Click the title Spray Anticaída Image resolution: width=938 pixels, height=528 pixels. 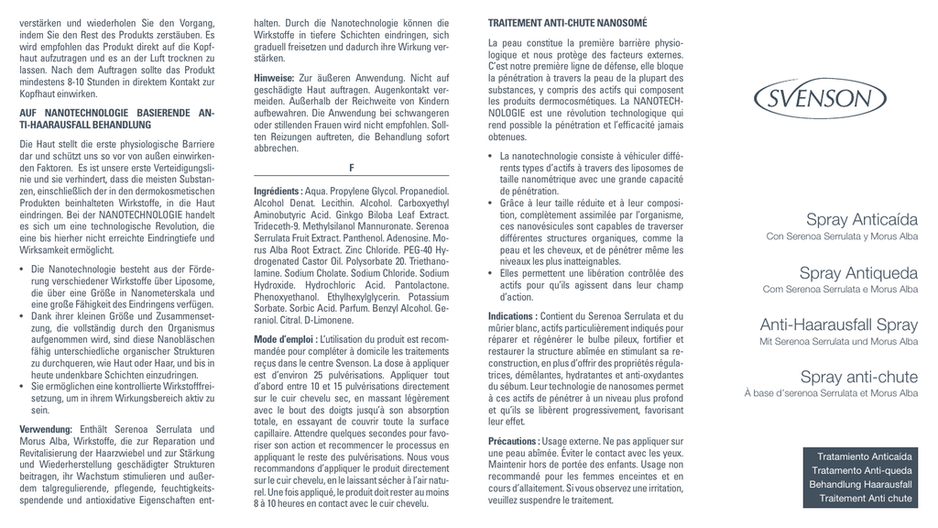[x=861, y=220]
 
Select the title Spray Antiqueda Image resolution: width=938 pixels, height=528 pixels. [x=858, y=273]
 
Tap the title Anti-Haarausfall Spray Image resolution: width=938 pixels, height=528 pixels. [x=838, y=325]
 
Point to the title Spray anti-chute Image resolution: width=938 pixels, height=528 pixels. [x=858, y=378]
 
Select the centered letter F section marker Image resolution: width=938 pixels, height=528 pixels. [x=352, y=167]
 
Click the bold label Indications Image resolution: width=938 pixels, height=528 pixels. [x=512, y=316]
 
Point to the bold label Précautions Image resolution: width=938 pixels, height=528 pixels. [x=514, y=442]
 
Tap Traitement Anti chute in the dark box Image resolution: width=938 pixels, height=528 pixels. [x=866, y=499]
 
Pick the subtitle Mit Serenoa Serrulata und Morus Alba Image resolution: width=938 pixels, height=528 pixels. [x=838, y=342]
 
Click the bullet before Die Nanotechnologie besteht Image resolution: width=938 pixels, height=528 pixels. [x=23, y=269]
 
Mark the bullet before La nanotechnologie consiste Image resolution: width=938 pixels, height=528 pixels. [x=492, y=157]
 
